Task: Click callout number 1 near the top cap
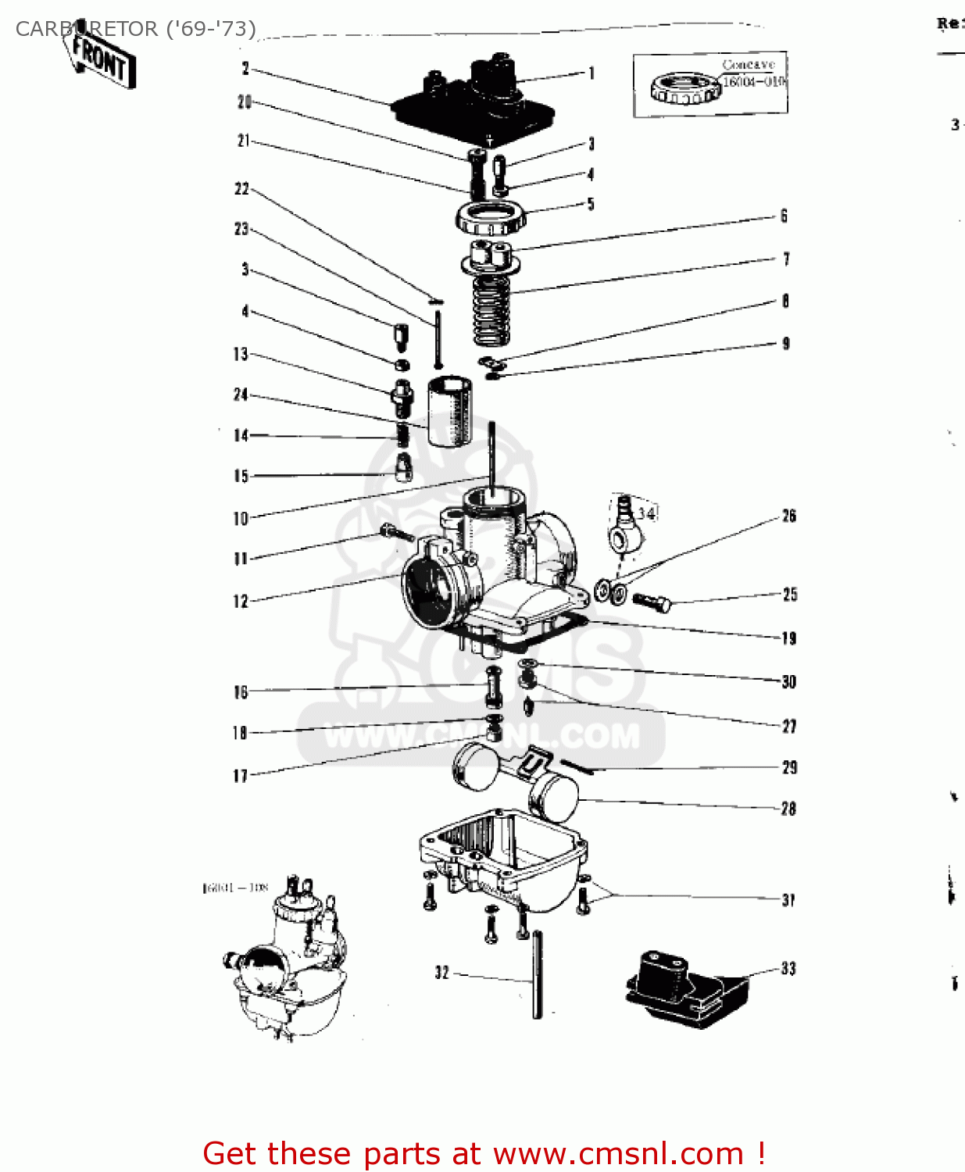click(x=592, y=73)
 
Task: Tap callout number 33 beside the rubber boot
click(x=788, y=969)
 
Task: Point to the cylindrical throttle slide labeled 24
click(x=449, y=410)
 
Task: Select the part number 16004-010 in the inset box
click(x=753, y=81)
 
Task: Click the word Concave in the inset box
click(x=748, y=65)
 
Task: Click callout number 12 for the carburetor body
click(x=241, y=602)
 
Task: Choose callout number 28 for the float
click(x=788, y=809)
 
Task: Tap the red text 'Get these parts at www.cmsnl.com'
click(x=484, y=1153)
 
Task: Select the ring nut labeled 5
click(x=490, y=217)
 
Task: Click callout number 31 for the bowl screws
click(x=788, y=900)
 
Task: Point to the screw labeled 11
click(x=396, y=533)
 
